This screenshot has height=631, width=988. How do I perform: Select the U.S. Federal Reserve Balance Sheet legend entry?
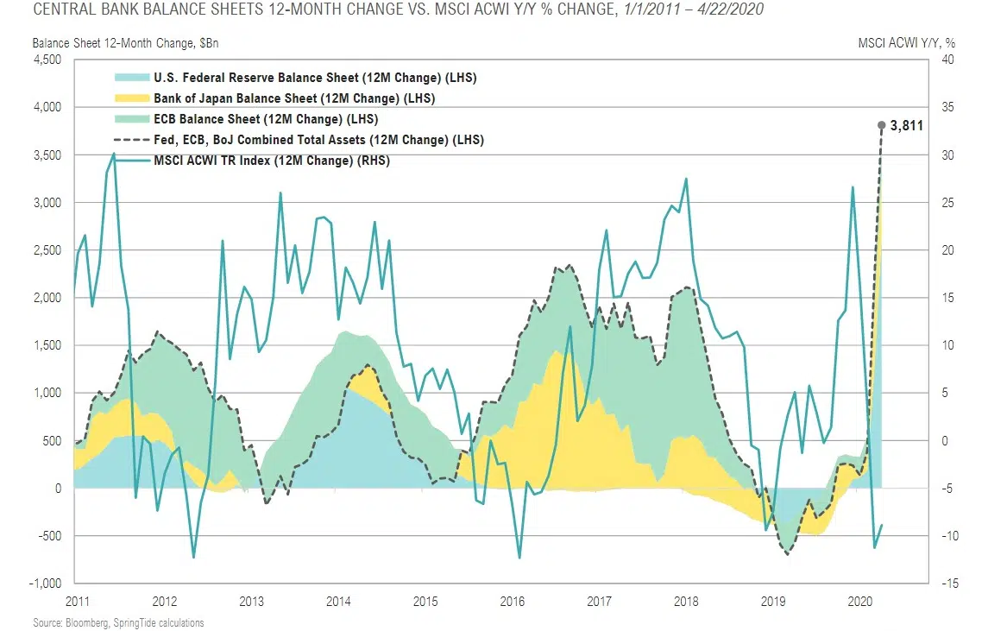tap(314, 78)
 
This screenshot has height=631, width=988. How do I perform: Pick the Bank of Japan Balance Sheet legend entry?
tap(293, 98)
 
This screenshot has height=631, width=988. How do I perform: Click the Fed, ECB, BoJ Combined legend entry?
tap(318, 140)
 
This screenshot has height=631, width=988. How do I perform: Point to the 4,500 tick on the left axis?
tap(48, 60)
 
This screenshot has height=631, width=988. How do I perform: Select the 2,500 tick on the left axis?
tap(48, 250)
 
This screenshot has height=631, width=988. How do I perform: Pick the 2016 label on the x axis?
tap(512, 601)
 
